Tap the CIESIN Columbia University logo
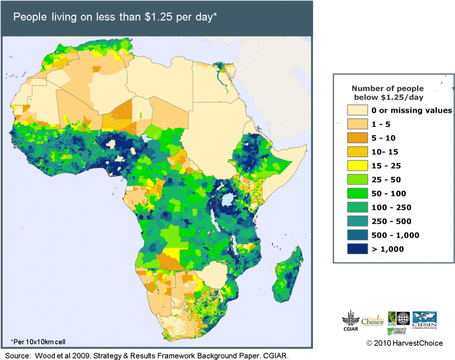424,320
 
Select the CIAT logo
397,331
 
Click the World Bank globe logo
403,318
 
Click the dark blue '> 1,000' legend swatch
357,249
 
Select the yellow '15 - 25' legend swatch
357,166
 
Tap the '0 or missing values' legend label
412,110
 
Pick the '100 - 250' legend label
391,207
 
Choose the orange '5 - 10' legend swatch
357,138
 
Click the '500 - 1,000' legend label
395,235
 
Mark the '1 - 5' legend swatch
357,124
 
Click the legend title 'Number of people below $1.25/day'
388,93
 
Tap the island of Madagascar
287,277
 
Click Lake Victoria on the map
229,199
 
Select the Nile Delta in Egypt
220,68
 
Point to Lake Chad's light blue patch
147,138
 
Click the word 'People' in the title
27,18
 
